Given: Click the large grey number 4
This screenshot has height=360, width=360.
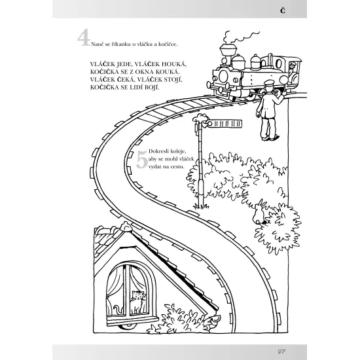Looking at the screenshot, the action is coord(83,37).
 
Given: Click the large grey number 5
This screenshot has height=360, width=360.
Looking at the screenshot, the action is coord(142,159).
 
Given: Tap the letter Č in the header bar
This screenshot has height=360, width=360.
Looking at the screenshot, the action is coord(283,10).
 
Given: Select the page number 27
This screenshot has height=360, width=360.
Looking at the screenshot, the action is coord(281,351).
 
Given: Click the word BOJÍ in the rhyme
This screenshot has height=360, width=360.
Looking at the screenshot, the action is coord(151,87).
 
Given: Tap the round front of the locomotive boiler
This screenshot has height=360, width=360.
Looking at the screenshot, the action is coord(223,76).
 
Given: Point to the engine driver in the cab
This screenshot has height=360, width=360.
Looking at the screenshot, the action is coord(292,69).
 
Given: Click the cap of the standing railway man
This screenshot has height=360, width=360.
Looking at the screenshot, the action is coord(268,82).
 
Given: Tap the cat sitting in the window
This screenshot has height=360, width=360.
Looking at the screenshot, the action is coord(137,302).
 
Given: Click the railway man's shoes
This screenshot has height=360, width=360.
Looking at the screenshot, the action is coord(270,137).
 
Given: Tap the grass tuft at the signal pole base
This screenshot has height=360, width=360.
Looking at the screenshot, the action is coord(202,207).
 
